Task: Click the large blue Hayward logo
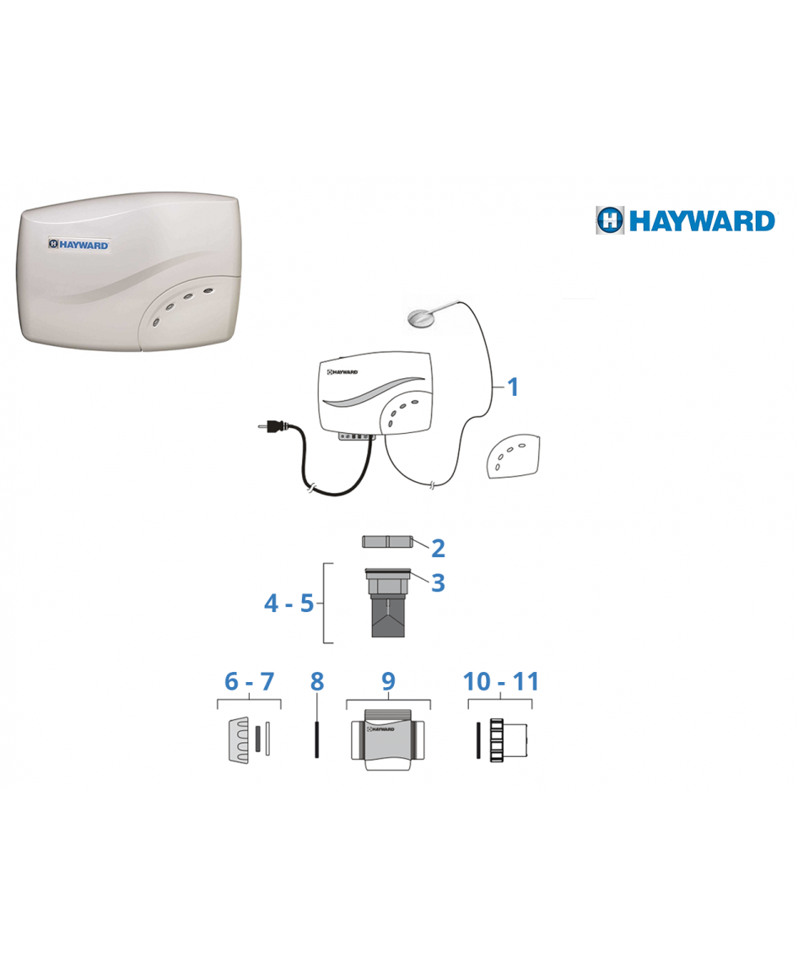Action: [685, 220]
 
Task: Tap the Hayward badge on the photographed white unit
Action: [79, 245]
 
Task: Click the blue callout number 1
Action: [512, 387]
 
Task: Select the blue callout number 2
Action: [438, 548]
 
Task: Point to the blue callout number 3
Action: [438, 582]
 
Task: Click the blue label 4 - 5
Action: [289, 604]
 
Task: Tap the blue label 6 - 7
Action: [249, 682]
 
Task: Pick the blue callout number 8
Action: [317, 682]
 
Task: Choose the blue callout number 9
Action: [388, 681]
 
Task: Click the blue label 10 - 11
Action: [501, 682]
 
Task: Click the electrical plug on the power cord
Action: [272, 425]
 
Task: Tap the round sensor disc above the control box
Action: [421, 317]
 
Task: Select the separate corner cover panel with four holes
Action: [513, 456]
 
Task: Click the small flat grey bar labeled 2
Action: [386, 542]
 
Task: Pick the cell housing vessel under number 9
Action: [388, 739]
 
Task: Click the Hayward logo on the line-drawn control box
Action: [342, 372]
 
